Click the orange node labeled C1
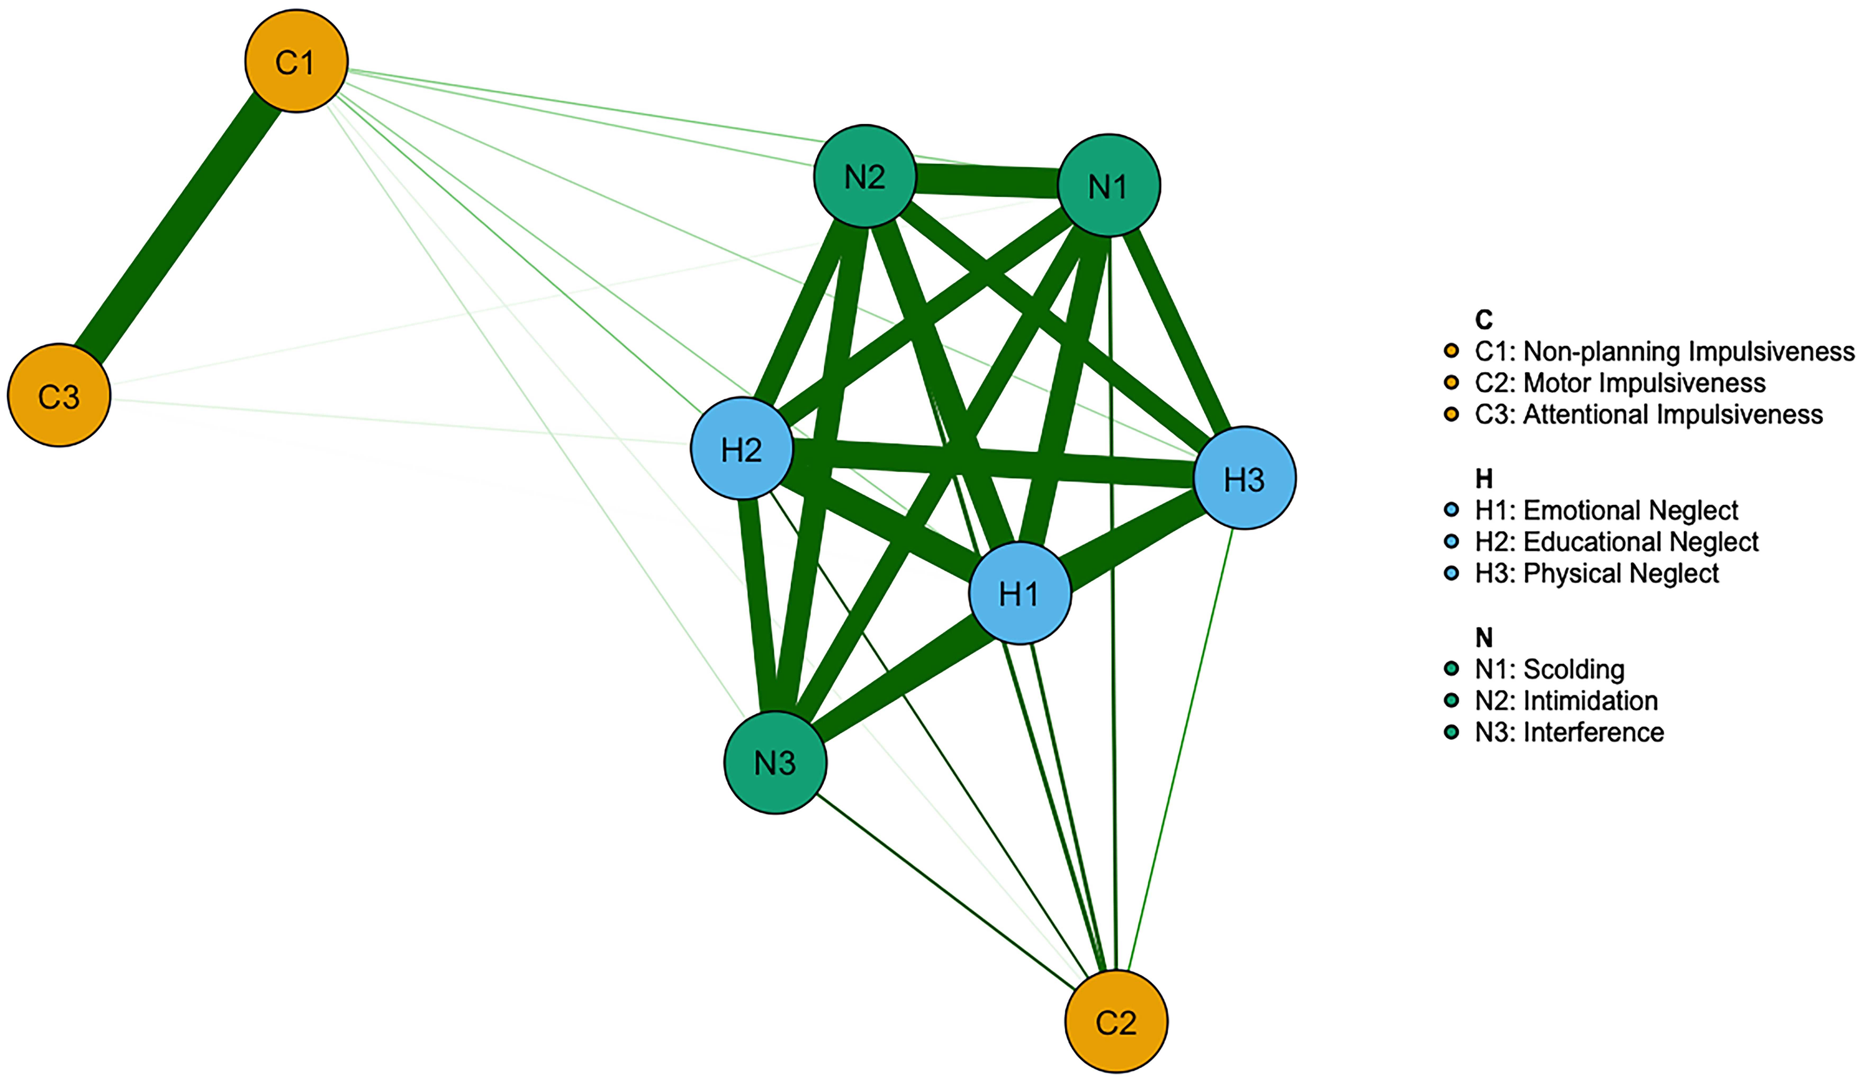296,61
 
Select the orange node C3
59,395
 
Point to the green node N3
775,762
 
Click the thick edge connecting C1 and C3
177,229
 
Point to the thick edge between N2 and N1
986,181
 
